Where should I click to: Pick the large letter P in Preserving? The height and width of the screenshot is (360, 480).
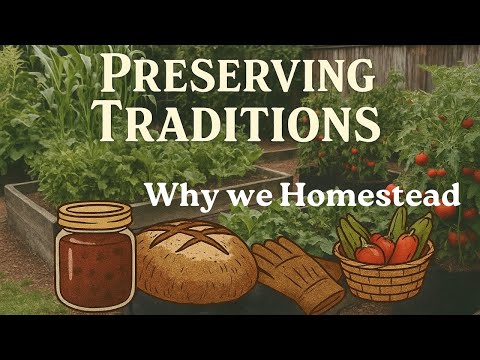tap(118, 75)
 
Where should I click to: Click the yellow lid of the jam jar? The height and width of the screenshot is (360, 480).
tap(94, 213)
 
